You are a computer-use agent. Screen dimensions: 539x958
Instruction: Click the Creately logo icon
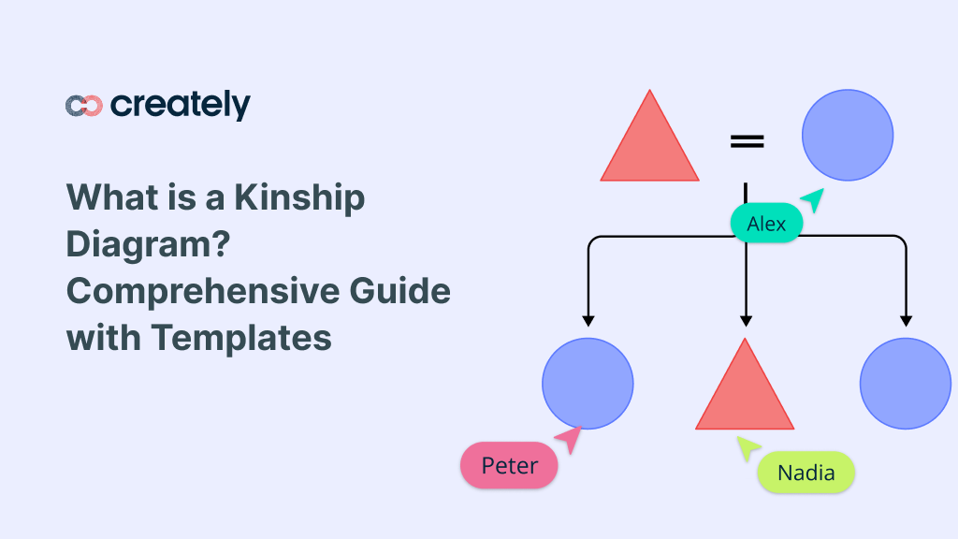83,106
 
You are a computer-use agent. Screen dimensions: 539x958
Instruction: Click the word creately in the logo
180,106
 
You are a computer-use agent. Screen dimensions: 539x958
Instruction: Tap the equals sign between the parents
747,141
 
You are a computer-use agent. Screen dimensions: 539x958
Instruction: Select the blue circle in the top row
848,135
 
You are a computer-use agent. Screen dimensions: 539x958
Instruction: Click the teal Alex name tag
766,225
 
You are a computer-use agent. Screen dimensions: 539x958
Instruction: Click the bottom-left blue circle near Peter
588,384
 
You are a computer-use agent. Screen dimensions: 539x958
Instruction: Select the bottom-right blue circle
905,384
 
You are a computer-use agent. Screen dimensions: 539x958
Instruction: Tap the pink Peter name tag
509,465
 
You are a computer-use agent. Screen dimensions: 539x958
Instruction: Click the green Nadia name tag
806,473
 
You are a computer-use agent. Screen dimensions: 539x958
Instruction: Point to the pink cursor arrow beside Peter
569,439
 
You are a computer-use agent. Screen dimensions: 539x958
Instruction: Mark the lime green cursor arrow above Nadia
747,447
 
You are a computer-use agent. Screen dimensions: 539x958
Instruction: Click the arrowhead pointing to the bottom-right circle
905,319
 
